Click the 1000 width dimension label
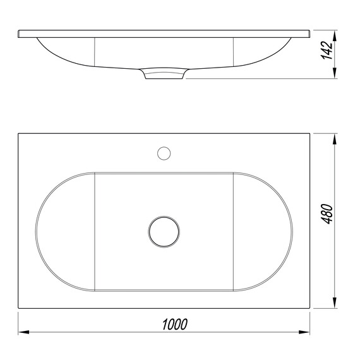pyautogui.click(x=175, y=324)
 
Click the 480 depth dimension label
pyautogui.click(x=327, y=213)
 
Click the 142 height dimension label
pyautogui.click(x=327, y=51)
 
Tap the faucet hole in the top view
pyautogui.click(x=164, y=153)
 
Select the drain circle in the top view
pyautogui.click(x=164, y=232)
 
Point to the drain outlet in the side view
pyautogui.click(x=164, y=73)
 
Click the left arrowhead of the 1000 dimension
pyautogui.click(x=23, y=332)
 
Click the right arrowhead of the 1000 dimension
pyautogui.click(x=304, y=332)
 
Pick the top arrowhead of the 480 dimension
pyautogui.click(x=335, y=139)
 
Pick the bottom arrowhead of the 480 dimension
pyautogui.click(x=335, y=303)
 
